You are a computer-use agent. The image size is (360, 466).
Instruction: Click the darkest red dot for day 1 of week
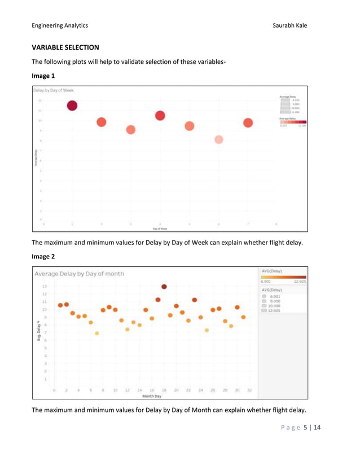tap(72, 105)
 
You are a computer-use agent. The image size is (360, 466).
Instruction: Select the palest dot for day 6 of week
tap(219, 139)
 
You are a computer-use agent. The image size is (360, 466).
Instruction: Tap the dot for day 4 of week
tap(160, 116)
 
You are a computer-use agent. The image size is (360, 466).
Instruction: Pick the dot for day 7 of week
tap(248, 123)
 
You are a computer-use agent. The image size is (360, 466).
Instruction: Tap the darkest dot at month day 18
tap(164, 287)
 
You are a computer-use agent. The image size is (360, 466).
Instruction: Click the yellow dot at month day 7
tap(96, 333)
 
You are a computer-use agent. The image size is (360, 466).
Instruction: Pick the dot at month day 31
tap(243, 317)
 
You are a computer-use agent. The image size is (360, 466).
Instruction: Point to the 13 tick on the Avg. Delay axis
tap(45, 287)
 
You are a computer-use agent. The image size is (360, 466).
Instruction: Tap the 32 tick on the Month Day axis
tap(249, 390)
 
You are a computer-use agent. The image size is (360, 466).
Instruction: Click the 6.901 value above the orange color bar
tap(267, 281)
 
